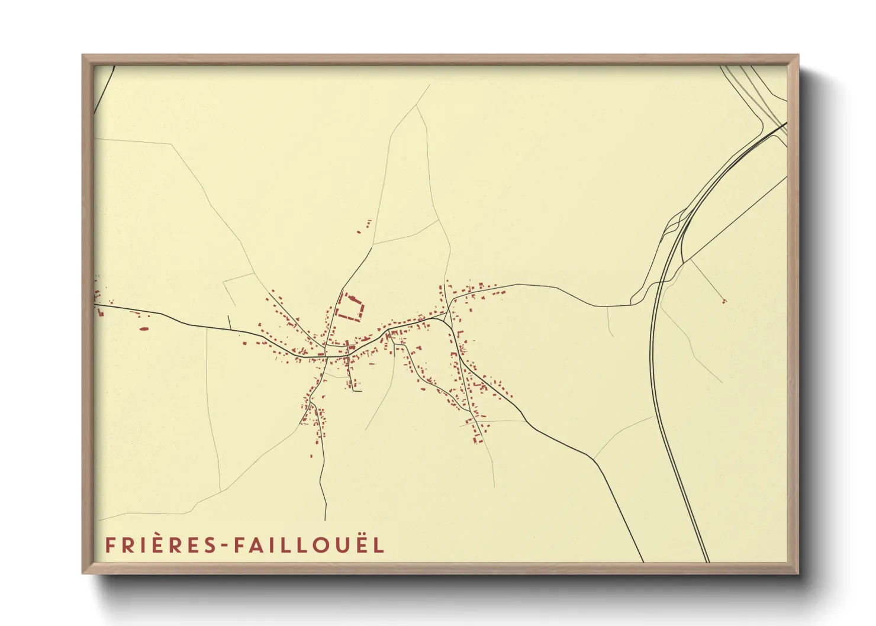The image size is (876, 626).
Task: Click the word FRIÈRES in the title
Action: coord(160,545)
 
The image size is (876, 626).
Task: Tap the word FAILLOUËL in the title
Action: coord(308,545)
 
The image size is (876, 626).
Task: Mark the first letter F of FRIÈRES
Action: coord(109,546)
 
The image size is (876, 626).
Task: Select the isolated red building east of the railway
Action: coord(724,302)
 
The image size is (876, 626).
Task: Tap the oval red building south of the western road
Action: coord(144,327)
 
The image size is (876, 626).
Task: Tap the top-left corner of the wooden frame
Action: coord(83,56)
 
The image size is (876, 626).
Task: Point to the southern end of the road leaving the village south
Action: coord(326,518)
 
